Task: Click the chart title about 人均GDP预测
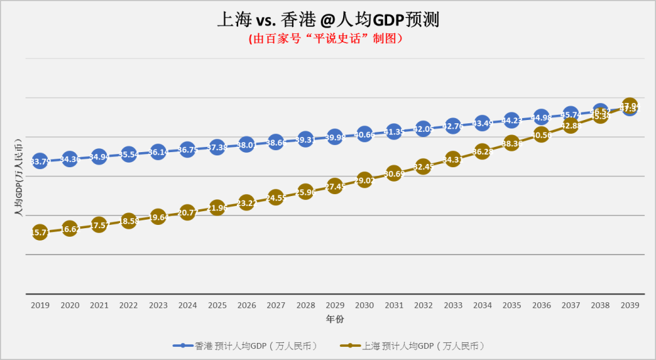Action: tap(328, 19)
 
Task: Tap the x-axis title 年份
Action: tap(335, 319)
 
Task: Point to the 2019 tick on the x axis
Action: tap(40, 305)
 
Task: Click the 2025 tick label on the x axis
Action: tap(217, 305)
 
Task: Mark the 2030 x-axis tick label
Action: tap(364, 305)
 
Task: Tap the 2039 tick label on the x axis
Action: tap(630, 305)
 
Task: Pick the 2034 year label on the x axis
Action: tap(482, 305)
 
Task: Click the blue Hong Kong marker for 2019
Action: tap(40, 161)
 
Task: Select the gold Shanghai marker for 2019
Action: tap(40, 232)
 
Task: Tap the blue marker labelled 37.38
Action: tap(217, 147)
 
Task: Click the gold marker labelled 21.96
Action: tap(217, 208)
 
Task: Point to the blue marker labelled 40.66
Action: tap(364, 134)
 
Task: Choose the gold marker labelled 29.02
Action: tap(364, 180)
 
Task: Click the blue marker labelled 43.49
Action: tap(482, 123)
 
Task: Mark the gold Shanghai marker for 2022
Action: tap(129, 221)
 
